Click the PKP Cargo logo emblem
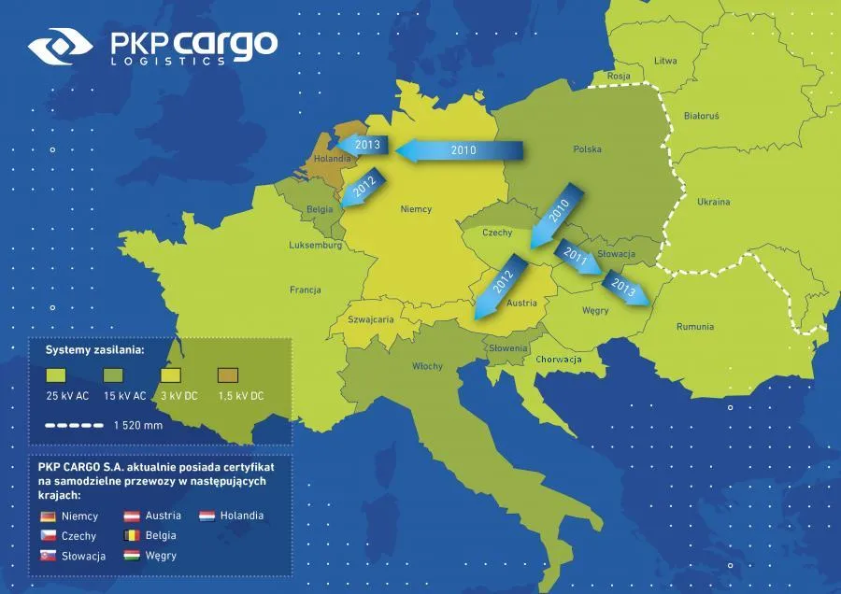click(x=60, y=48)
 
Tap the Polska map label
click(x=587, y=149)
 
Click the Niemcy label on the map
click(x=416, y=209)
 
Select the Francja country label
click(x=306, y=290)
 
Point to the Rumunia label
click(x=695, y=327)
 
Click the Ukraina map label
click(x=713, y=202)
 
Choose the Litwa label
click(x=665, y=61)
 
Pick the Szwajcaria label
click(x=370, y=318)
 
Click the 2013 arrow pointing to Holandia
click(x=363, y=146)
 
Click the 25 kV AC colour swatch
click(x=57, y=375)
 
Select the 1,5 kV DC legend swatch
click(x=229, y=375)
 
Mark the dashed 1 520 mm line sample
click(x=74, y=425)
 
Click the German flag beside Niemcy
click(x=49, y=516)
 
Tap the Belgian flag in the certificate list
click(x=132, y=536)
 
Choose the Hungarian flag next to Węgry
click(x=132, y=556)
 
